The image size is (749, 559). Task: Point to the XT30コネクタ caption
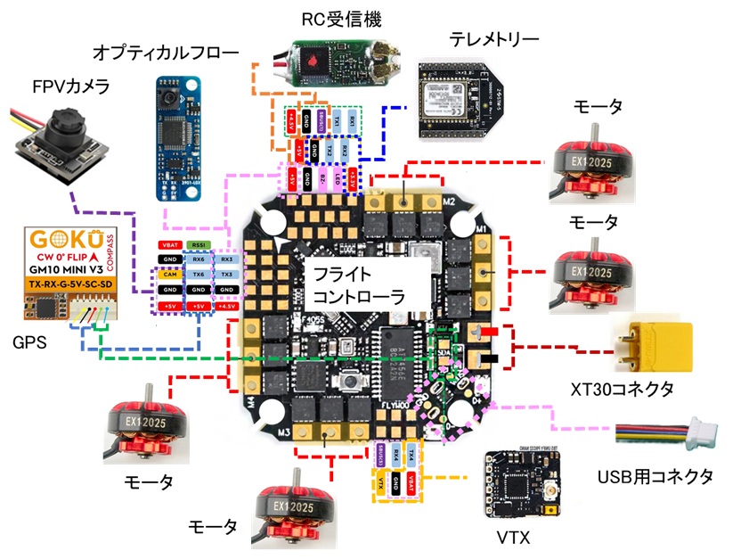(621, 389)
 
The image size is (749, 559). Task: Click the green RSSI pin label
(197, 243)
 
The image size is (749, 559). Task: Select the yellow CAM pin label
(169, 275)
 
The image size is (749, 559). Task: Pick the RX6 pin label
(197, 259)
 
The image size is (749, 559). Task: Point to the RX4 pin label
(396, 454)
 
